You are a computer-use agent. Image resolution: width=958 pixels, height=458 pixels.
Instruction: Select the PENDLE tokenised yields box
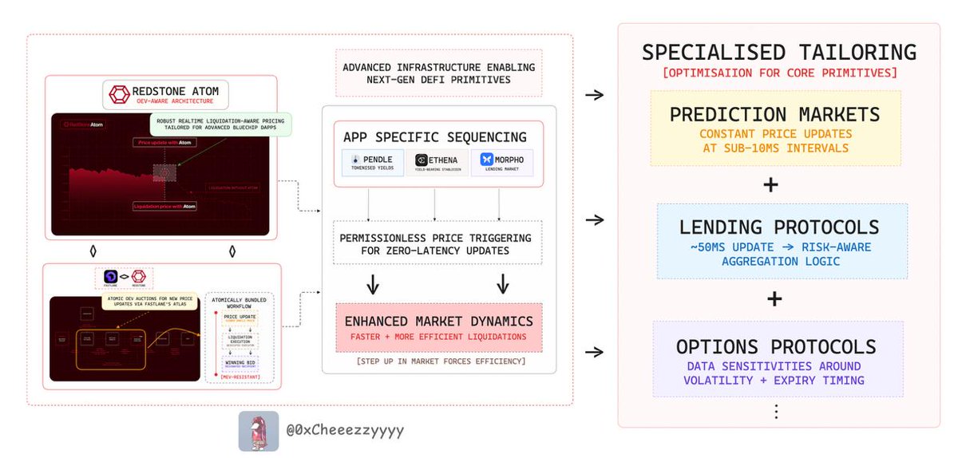point(372,163)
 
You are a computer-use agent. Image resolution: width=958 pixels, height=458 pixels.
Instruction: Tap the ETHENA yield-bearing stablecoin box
point(437,163)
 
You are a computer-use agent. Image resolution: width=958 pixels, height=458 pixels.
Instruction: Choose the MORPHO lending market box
point(502,163)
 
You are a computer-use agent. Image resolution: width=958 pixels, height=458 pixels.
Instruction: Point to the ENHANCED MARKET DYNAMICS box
point(438,327)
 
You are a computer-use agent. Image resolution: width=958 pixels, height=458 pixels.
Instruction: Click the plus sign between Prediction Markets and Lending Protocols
point(770,184)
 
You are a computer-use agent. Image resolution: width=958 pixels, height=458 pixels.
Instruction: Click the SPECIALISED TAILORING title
point(779,52)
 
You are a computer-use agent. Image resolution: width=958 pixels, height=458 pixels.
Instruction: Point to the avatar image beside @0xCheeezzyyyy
point(259,431)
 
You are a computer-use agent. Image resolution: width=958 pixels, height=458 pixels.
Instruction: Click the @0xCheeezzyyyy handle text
point(345,431)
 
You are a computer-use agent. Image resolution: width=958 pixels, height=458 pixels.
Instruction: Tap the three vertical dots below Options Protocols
point(774,412)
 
